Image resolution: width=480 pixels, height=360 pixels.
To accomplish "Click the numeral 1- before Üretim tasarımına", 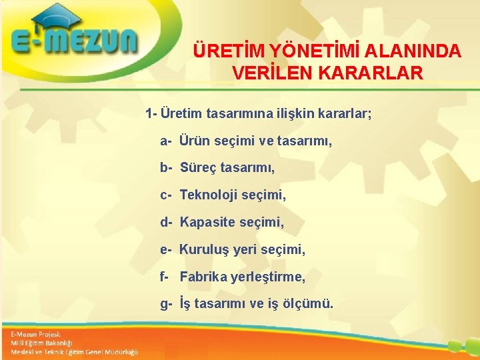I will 151,113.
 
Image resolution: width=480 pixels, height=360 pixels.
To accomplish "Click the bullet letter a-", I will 166,141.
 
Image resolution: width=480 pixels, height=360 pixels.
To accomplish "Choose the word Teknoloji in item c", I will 209,195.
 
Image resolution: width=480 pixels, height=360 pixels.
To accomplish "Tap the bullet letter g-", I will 166,304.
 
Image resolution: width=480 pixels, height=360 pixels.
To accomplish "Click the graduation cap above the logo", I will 57,17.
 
